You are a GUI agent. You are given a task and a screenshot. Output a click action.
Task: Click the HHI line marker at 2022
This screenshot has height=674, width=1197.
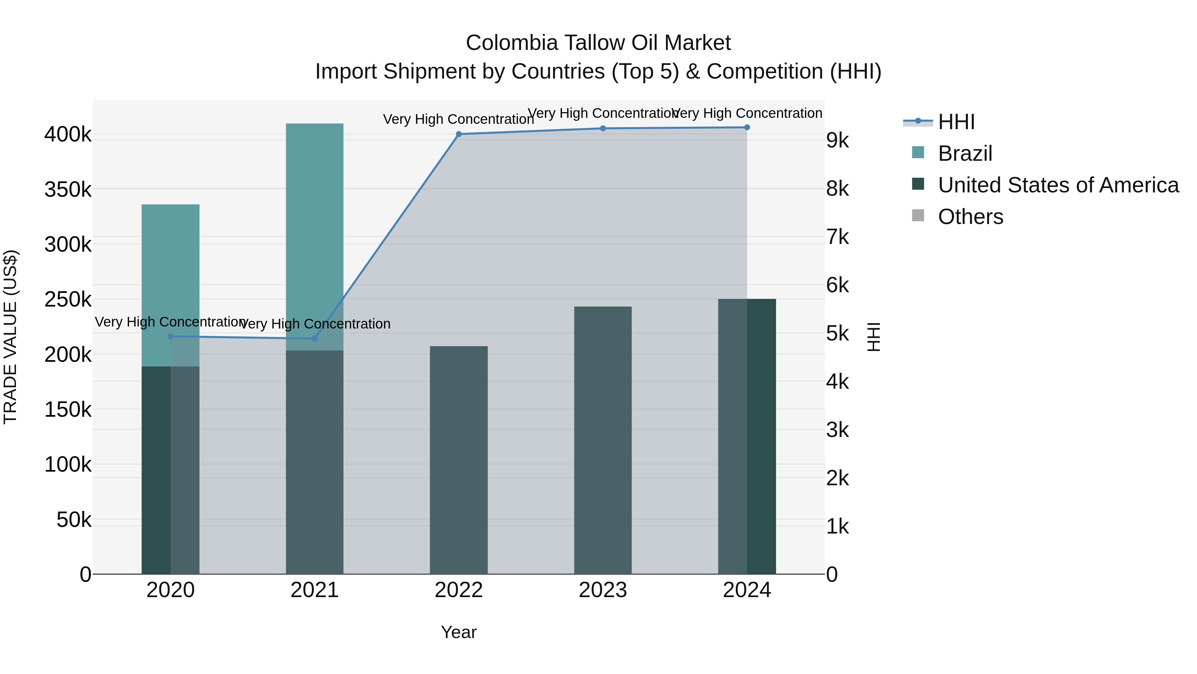pos(459,134)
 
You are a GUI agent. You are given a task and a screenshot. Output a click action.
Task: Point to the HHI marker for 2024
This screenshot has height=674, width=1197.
pos(747,127)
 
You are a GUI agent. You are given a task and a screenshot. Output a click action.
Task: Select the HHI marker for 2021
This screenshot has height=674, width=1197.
pos(315,338)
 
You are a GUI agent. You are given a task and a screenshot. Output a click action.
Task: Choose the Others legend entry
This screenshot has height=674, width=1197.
pos(970,217)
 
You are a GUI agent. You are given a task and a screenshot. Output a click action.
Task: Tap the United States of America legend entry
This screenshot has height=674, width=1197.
pos(1058,185)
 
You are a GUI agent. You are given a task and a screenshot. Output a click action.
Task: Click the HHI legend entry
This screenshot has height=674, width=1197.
pos(956,122)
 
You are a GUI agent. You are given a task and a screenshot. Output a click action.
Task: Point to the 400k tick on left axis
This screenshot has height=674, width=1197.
pos(68,135)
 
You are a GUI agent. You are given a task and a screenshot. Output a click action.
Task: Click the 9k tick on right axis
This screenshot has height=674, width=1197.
pos(837,140)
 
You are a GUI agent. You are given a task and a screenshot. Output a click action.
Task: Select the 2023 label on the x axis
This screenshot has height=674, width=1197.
pos(603,590)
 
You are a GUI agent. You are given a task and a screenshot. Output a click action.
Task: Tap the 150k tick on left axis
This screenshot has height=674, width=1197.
pos(68,410)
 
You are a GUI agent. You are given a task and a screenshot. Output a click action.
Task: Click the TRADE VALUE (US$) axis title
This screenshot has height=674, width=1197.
pos(11,337)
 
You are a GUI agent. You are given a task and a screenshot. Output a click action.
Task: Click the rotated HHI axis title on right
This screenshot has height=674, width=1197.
pos(873,337)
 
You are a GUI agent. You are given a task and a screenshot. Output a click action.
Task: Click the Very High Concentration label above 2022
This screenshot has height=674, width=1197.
pos(459,119)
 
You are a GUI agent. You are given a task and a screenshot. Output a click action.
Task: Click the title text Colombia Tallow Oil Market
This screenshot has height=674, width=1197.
pos(598,43)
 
